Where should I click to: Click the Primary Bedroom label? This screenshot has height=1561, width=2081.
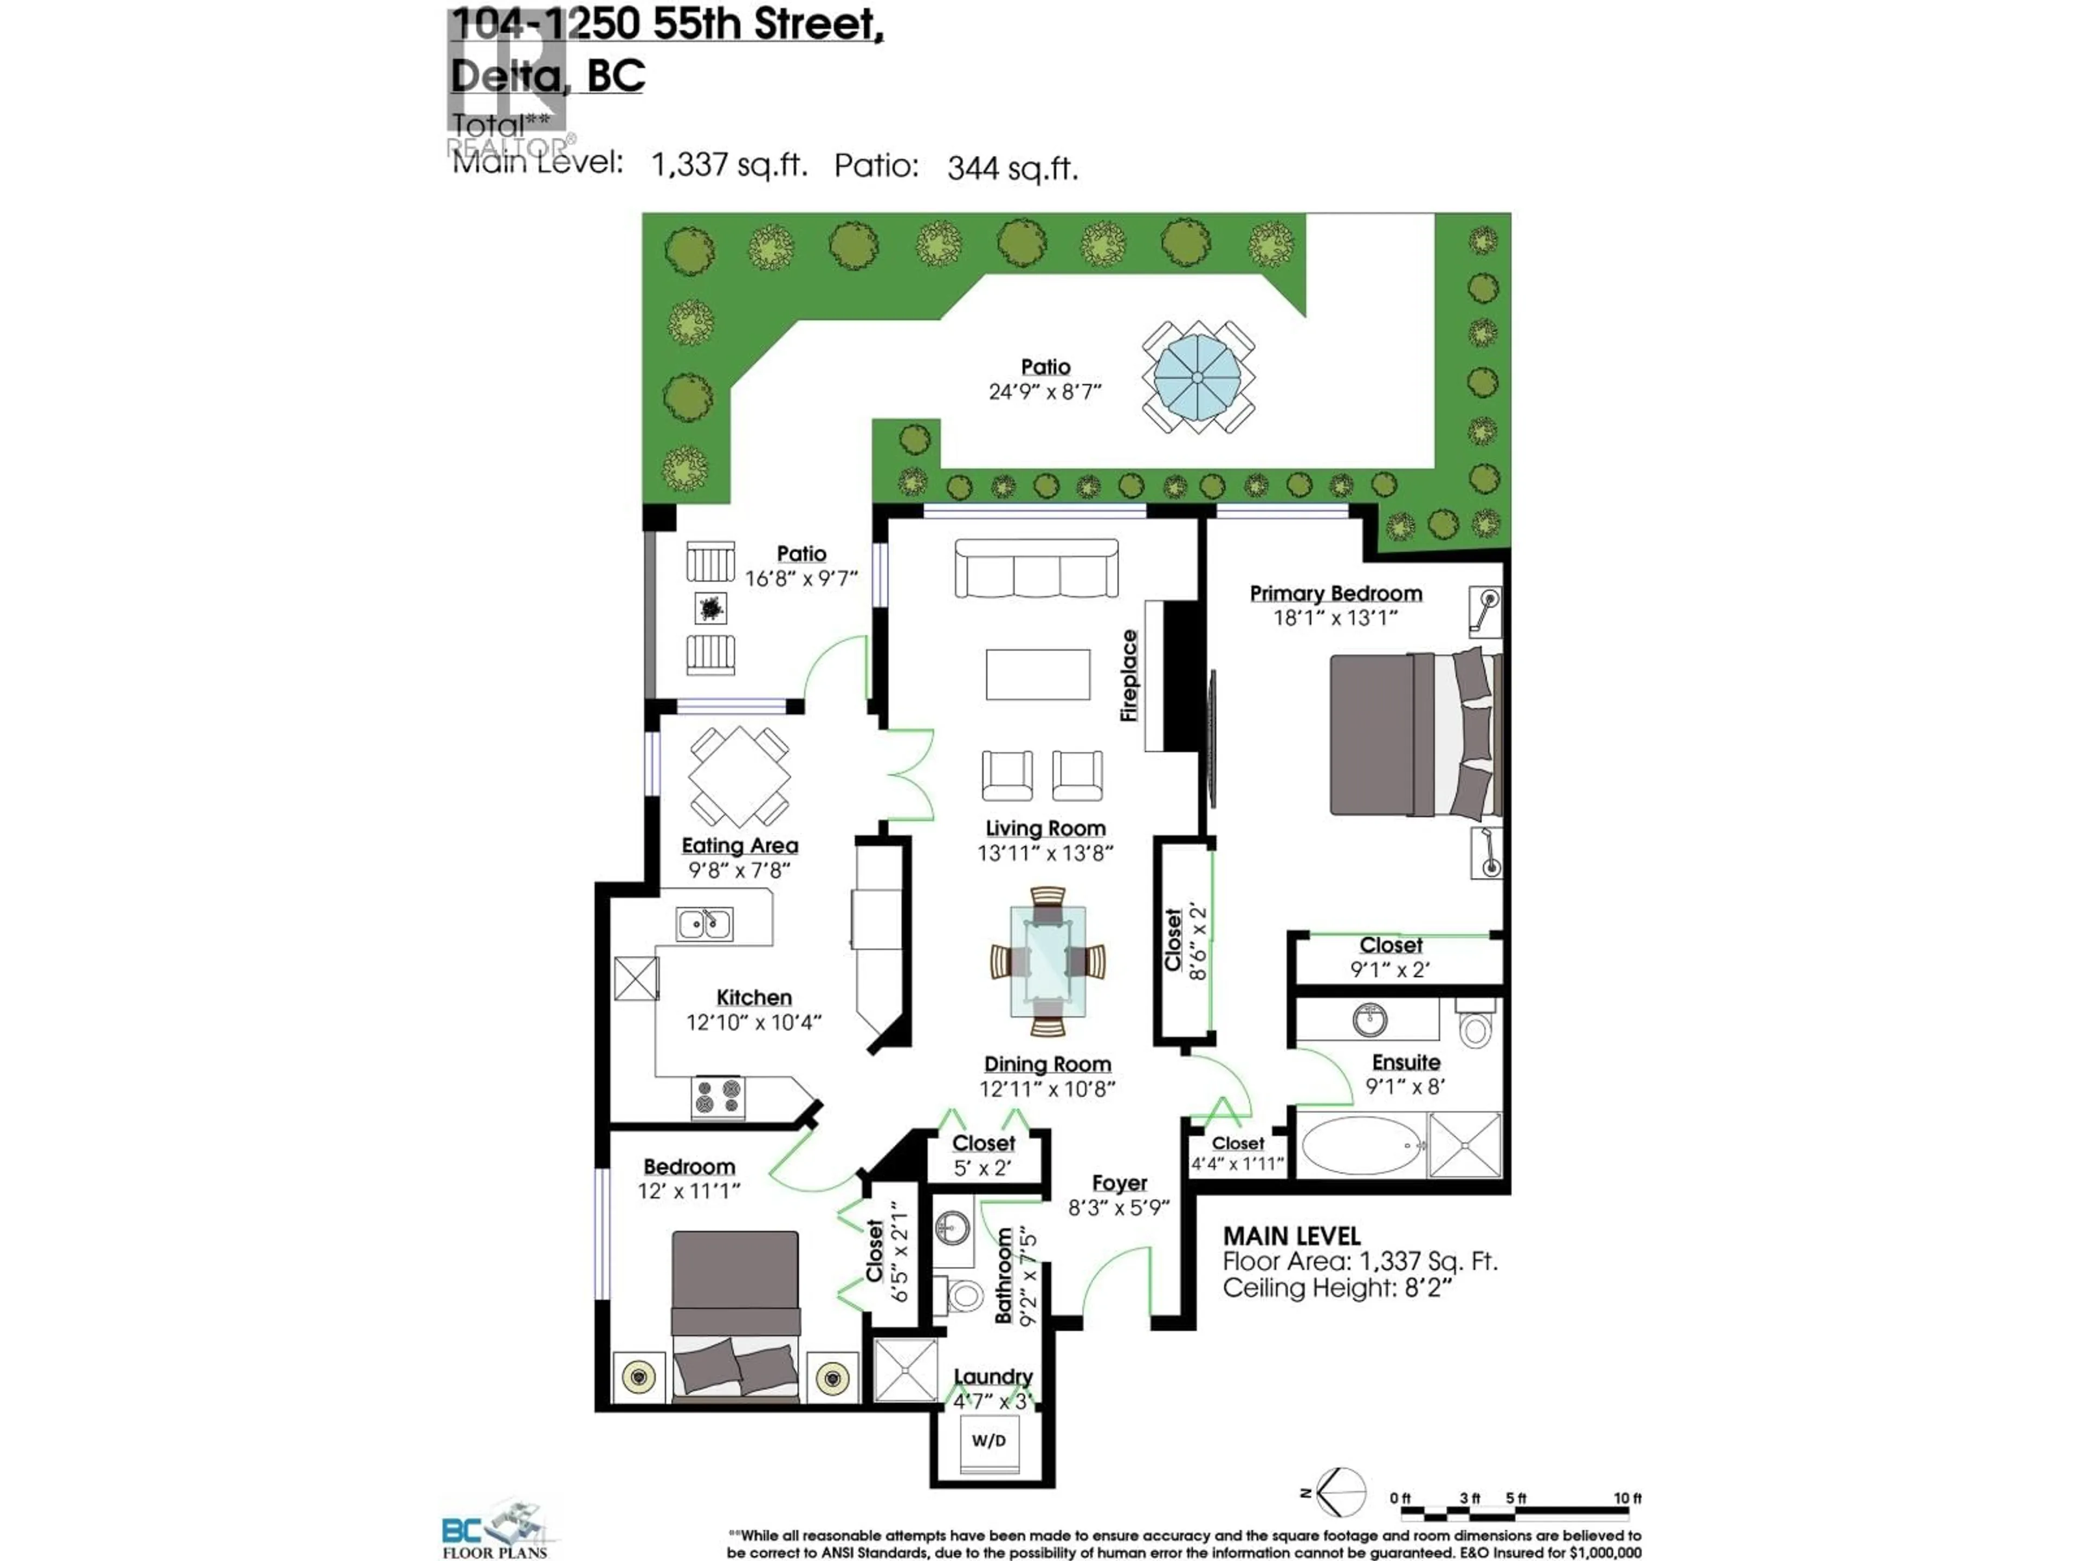(1335, 594)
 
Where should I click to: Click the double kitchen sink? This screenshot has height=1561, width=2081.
(704, 924)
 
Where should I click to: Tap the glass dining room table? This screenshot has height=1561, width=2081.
(1047, 960)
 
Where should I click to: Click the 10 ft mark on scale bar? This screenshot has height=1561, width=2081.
(1627, 1499)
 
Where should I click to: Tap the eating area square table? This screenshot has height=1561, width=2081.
(739, 777)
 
